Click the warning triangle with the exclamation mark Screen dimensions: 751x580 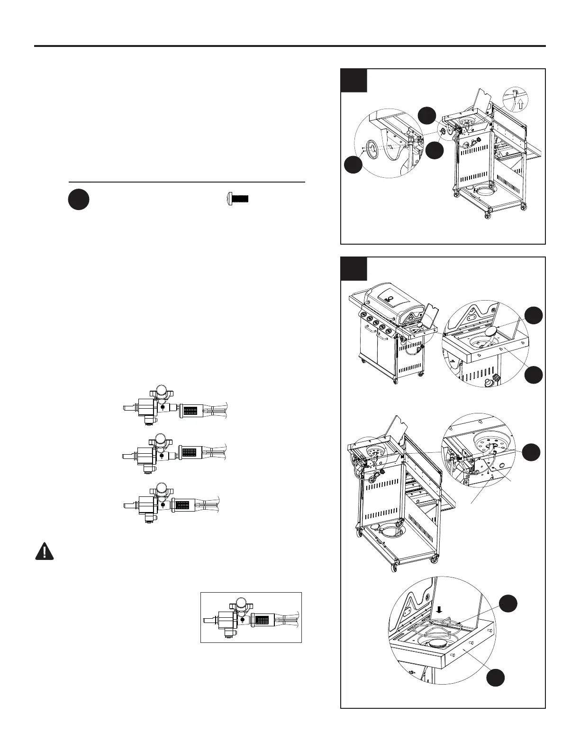coord(45,551)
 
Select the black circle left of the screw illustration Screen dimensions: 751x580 coord(78,200)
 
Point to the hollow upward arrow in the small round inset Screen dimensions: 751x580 coord(520,104)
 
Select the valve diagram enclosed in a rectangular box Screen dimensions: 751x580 coord(251,617)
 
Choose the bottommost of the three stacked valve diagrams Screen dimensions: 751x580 coord(171,504)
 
